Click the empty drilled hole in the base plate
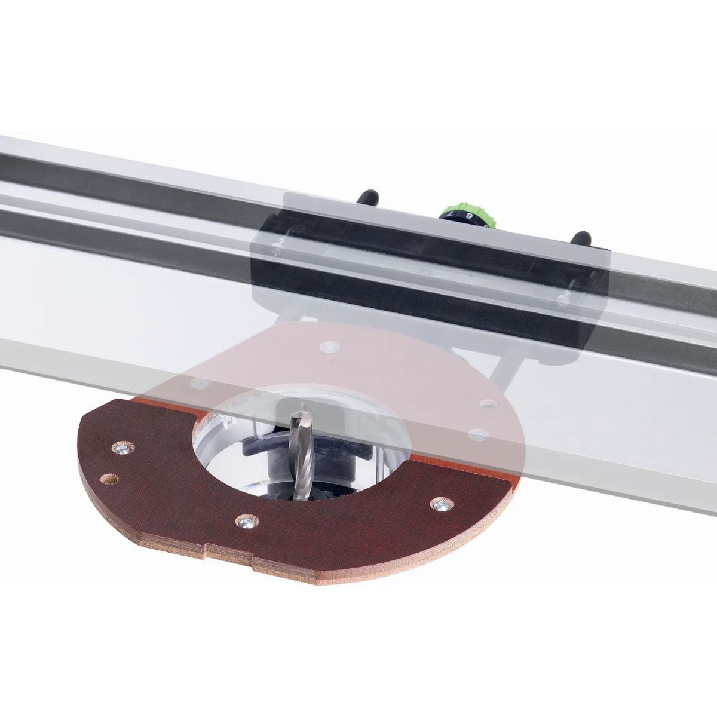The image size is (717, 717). pyautogui.click(x=108, y=479)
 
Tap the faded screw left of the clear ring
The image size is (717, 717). pyautogui.click(x=192, y=382)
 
